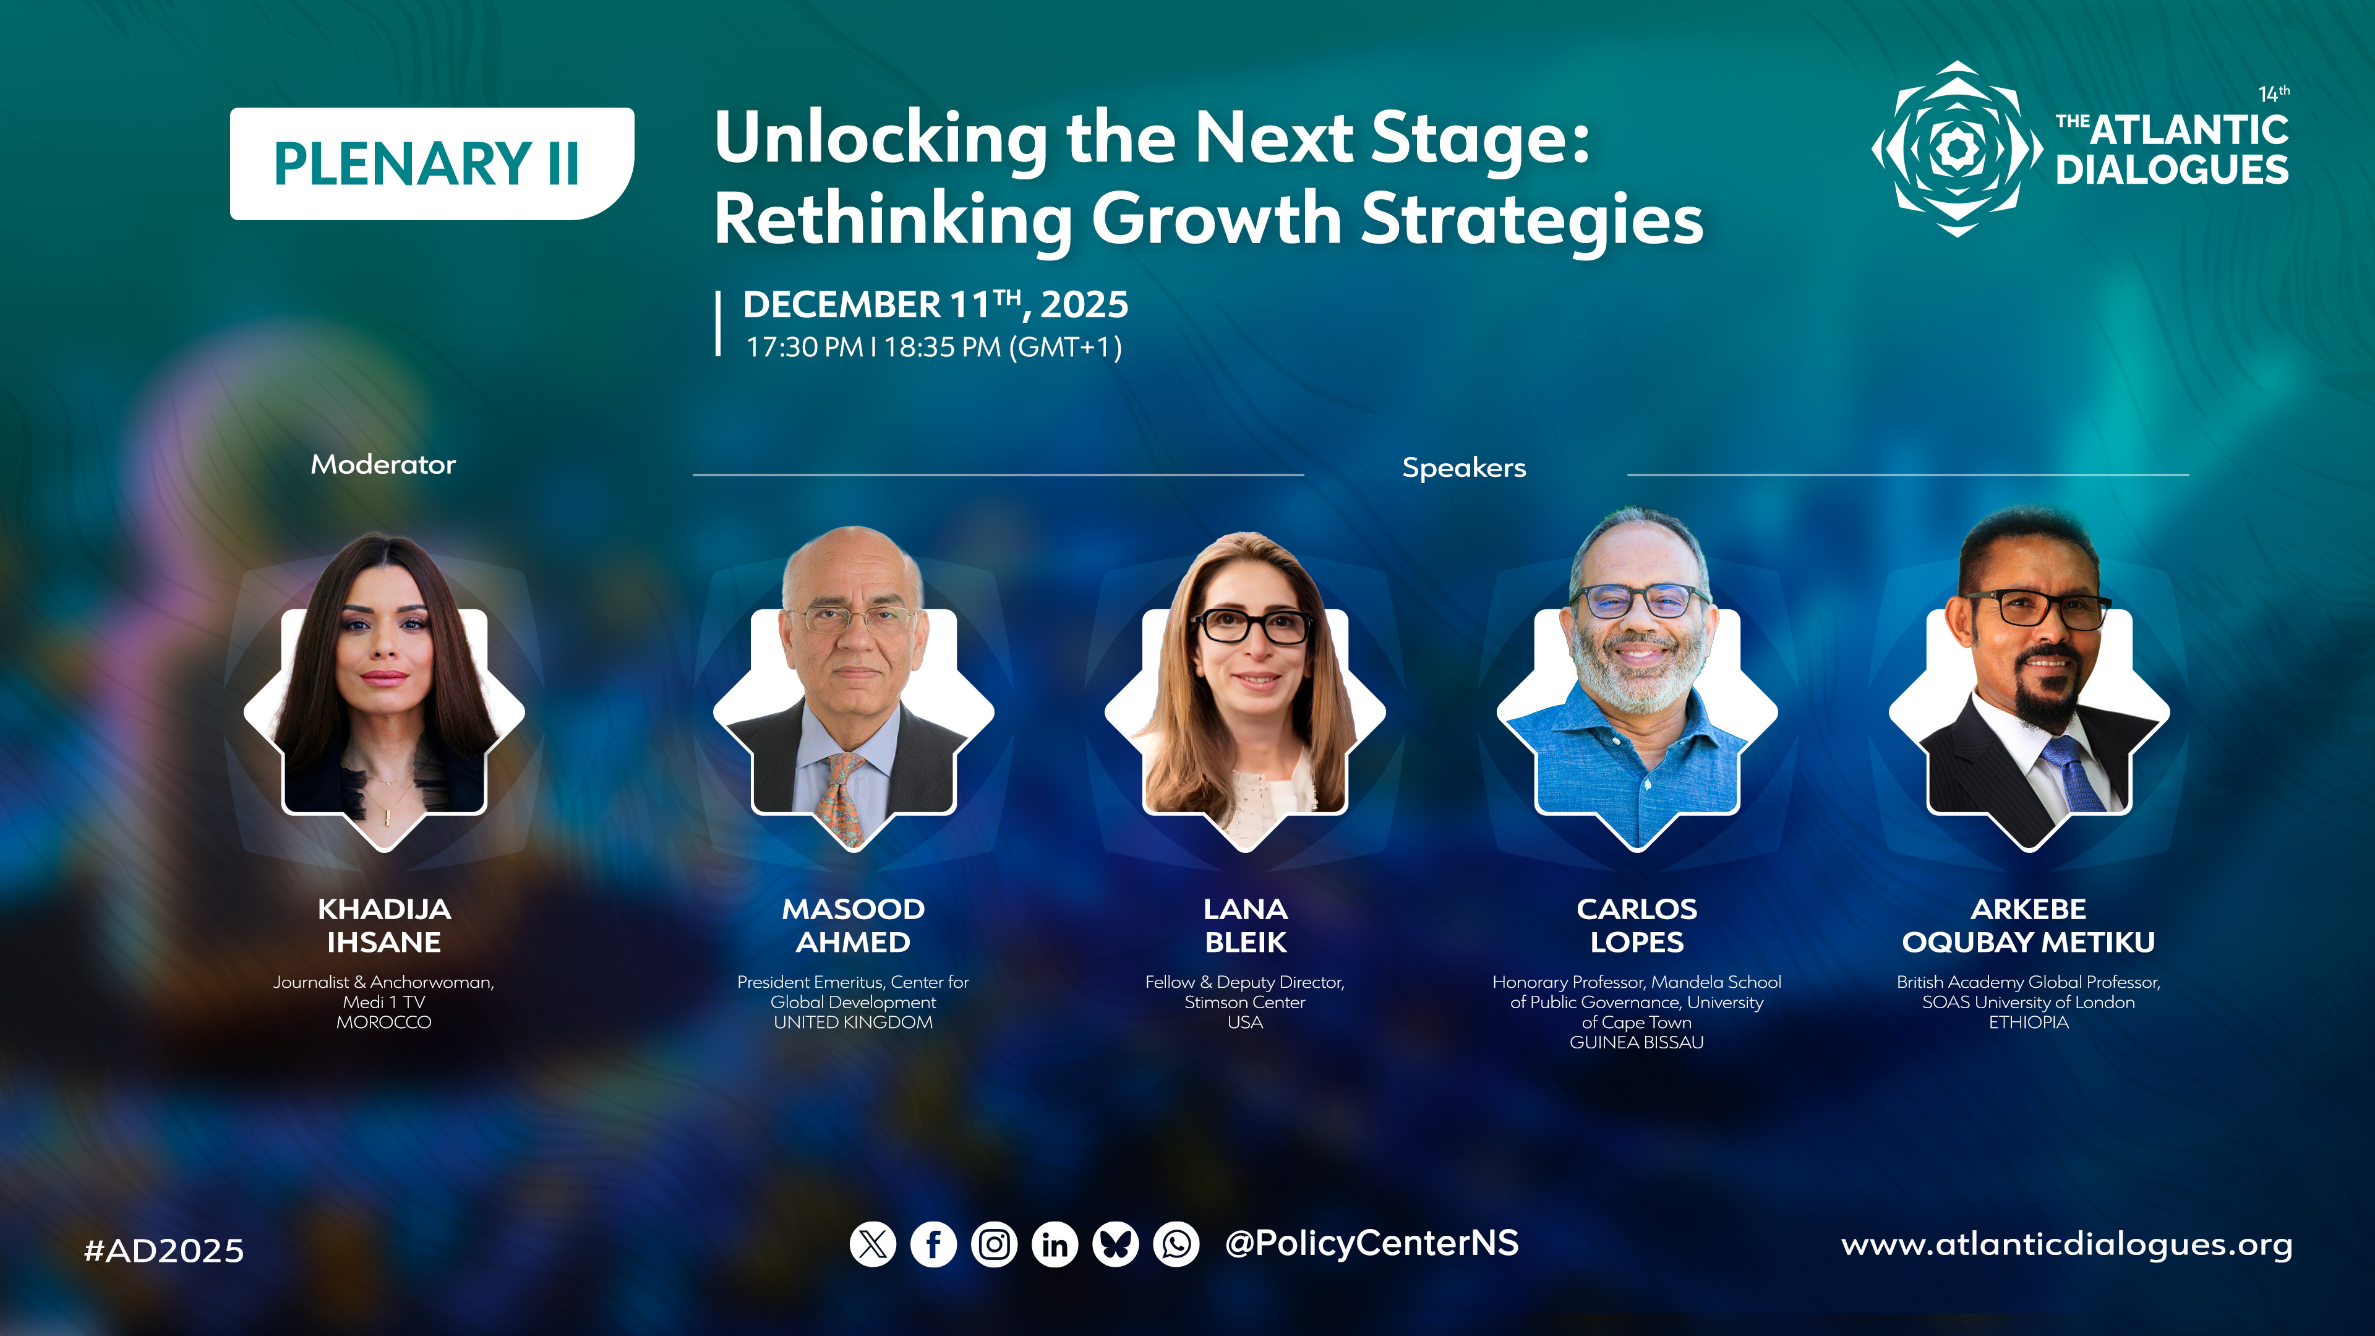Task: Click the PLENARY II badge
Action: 432,163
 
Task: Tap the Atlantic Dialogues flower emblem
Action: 1956,148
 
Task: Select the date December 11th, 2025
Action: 936,304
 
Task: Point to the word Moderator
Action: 383,464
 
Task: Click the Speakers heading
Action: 1464,468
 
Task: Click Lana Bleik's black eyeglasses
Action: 1252,626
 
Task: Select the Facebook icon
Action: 933,1244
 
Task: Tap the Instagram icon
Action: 994,1244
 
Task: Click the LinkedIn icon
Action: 1055,1244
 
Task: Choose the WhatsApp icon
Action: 1176,1244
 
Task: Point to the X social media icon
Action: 872,1244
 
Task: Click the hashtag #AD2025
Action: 164,1250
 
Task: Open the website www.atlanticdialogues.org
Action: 2066,1244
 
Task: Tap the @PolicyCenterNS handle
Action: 1371,1243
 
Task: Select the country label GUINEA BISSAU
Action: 1637,1042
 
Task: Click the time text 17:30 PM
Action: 804,348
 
